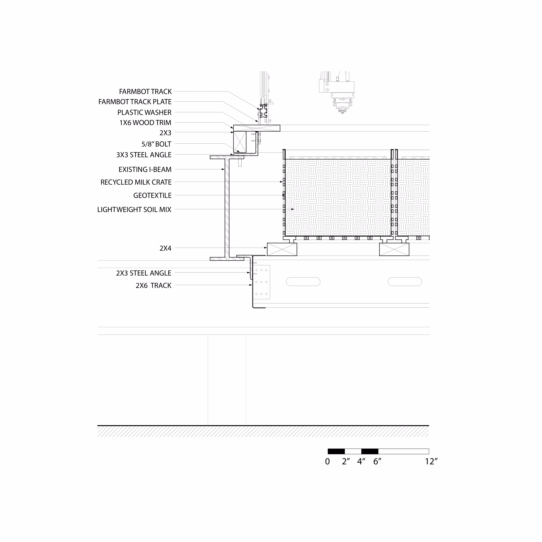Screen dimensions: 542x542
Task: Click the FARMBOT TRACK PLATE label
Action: pos(135,102)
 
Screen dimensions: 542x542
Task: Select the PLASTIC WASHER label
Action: pos(144,112)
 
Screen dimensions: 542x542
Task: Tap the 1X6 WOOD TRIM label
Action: pos(145,123)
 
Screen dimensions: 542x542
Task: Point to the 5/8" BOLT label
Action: pos(156,144)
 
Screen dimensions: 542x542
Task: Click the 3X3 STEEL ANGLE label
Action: pos(144,155)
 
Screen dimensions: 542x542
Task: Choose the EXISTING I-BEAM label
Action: pos(145,169)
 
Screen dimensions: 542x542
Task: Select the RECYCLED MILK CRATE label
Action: pos(136,182)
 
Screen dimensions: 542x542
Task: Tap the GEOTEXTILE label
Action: pos(152,195)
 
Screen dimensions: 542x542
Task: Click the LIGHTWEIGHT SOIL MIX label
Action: pos(134,209)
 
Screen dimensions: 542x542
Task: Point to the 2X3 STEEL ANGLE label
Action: pos(143,273)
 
